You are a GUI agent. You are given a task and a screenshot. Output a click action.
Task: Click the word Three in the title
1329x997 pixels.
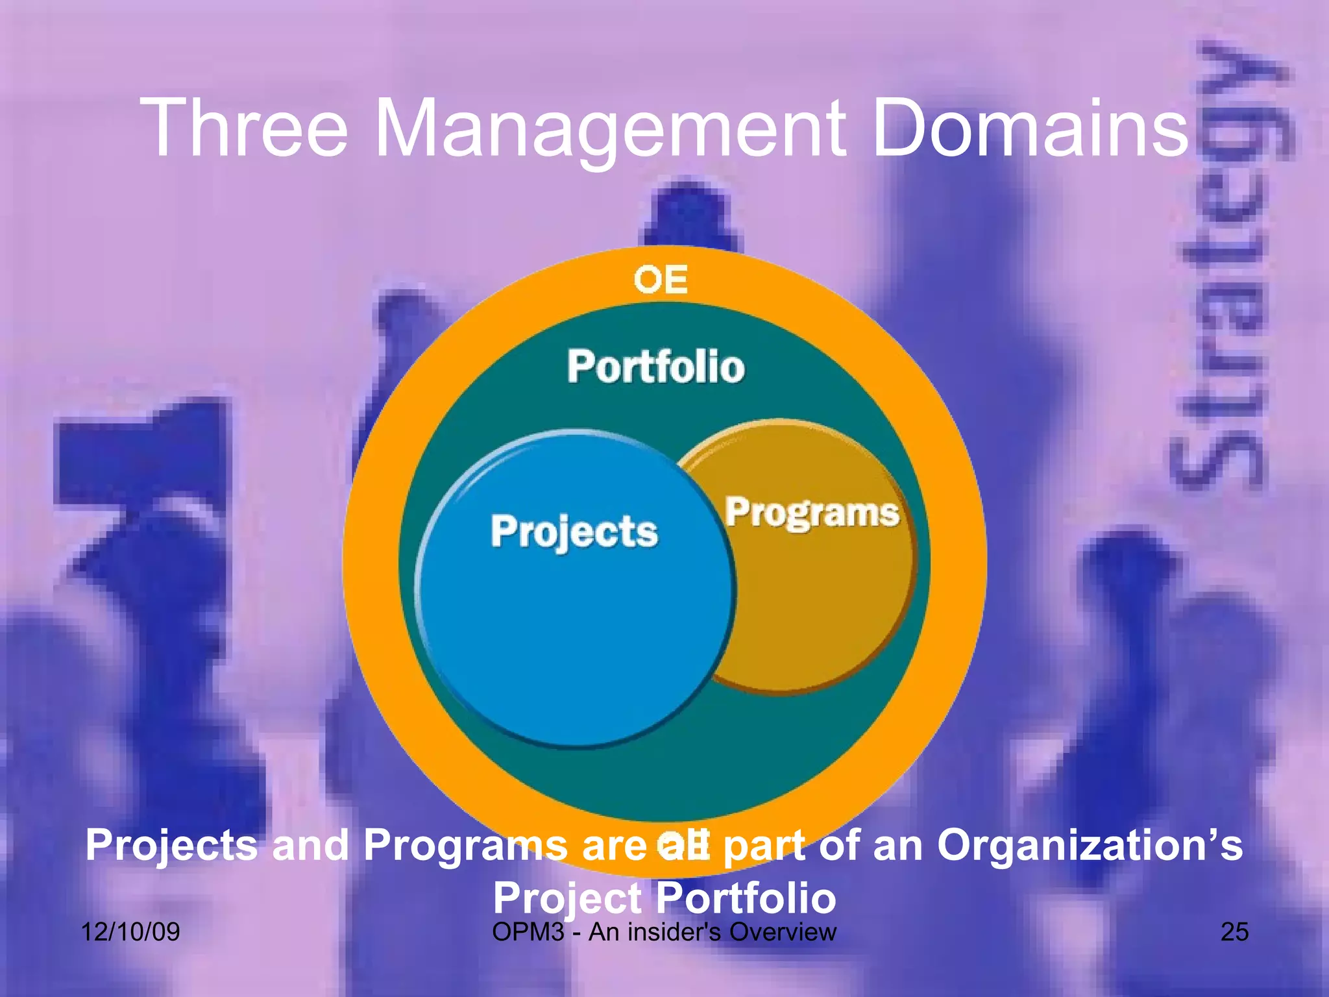[x=247, y=128]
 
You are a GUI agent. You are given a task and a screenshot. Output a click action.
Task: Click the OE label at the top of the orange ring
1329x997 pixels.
[x=661, y=280]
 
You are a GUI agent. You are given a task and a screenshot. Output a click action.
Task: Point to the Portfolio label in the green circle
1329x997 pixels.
[x=656, y=367]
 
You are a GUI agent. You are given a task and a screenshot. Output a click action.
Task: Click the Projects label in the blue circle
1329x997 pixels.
[x=574, y=532]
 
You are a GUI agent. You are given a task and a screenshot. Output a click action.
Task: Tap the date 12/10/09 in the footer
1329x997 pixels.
[x=130, y=932]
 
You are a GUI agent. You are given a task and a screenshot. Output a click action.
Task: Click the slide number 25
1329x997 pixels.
[x=1234, y=932]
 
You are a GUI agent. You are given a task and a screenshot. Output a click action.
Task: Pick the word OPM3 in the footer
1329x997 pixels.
[x=528, y=932]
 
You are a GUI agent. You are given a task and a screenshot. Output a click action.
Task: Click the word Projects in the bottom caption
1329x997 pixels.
[x=171, y=845]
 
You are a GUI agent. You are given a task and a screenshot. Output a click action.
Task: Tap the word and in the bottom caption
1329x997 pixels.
[x=310, y=845]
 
